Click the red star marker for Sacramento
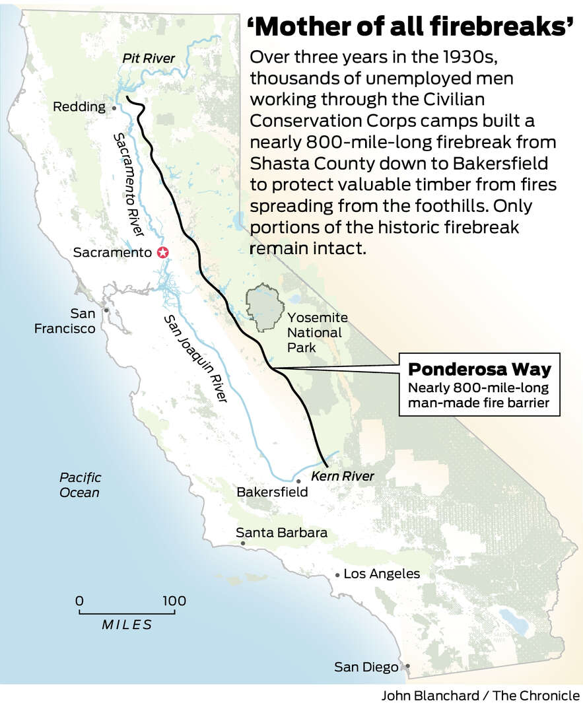[162, 252]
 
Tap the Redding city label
[79, 107]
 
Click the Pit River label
[149, 59]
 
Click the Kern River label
[342, 476]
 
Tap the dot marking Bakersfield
[298, 482]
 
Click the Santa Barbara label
[281, 532]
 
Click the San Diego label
[366, 667]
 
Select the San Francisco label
[65, 320]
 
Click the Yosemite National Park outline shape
[265, 304]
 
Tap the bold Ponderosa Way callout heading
[479, 368]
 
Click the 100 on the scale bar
[174, 601]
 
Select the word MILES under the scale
[127, 625]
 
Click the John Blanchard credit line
[480, 695]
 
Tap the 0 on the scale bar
[79, 601]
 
